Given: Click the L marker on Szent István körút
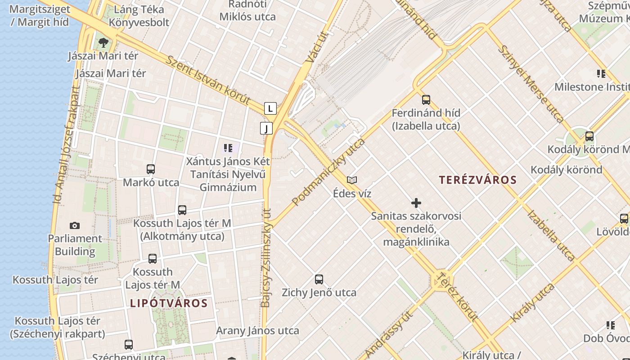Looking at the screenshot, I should (x=270, y=108).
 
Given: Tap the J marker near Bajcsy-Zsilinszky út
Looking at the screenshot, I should (x=266, y=128).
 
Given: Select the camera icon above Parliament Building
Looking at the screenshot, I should (x=75, y=225).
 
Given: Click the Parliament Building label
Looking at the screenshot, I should (x=75, y=245).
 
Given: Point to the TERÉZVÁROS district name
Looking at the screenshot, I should (x=478, y=180).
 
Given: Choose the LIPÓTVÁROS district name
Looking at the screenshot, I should (x=169, y=303).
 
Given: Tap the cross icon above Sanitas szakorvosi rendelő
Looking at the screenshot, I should (x=416, y=203).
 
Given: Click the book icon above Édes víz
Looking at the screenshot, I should (x=352, y=180).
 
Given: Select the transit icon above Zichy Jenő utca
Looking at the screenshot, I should (x=319, y=279).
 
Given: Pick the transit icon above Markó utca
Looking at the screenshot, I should (x=151, y=169).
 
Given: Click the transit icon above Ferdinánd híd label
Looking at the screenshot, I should (x=426, y=100).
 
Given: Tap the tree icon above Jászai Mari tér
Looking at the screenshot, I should (x=103, y=43).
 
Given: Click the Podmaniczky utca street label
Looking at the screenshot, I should (x=328, y=172).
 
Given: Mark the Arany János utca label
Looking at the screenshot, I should (x=257, y=331).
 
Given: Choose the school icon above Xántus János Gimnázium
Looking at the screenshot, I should (x=228, y=148).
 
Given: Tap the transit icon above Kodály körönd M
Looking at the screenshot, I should (x=589, y=136).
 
